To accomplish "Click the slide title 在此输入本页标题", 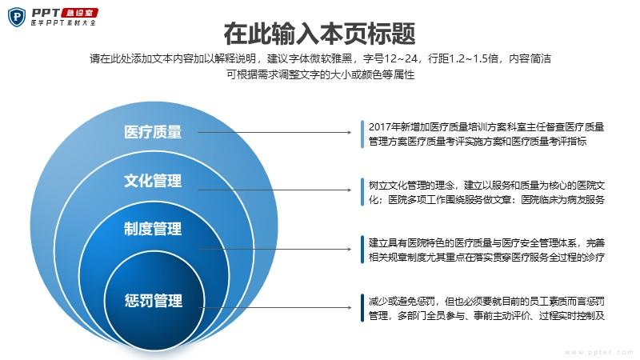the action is coord(319,34).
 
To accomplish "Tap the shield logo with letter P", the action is coord(16,17).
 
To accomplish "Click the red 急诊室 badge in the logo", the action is coord(79,13).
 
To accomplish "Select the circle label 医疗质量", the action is coord(153,132).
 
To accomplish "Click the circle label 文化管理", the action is coord(153,181).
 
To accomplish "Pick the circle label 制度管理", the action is coord(153,229).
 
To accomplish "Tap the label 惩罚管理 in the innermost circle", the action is coord(154,301).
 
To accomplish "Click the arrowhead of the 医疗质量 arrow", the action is coord(350,132).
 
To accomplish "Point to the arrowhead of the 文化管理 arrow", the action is coord(350,190).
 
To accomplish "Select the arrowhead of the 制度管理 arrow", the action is coord(350,249).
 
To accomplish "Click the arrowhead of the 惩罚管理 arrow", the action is coord(350,307).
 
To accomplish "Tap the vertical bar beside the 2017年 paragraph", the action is coord(362,134).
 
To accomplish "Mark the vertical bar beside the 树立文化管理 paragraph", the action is coord(362,192).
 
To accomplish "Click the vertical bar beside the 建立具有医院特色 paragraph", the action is coord(362,250).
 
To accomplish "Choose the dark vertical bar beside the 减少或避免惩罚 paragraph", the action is coord(362,308).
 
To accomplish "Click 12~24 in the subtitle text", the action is coord(402,58).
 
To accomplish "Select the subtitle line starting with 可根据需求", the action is coord(321,74).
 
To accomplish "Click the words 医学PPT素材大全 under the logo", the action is coord(64,23).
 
